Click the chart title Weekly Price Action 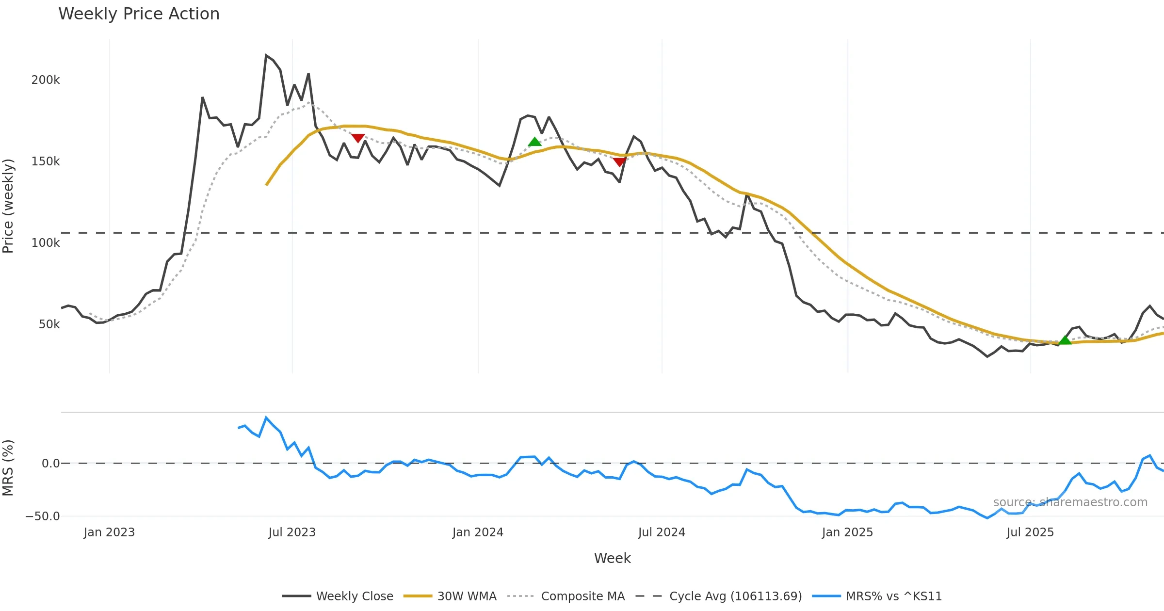[x=139, y=14]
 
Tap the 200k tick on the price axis [x=46, y=80]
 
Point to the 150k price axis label [x=46, y=161]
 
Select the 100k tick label [x=46, y=243]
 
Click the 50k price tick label [x=49, y=324]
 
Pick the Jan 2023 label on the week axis [x=109, y=532]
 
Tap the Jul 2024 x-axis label [x=662, y=532]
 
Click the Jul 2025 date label [x=1030, y=532]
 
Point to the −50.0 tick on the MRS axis [x=43, y=516]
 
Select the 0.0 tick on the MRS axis [x=50, y=464]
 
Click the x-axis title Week [x=612, y=559]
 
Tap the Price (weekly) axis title [x=8, y=206]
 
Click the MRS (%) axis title [x=8, y=468]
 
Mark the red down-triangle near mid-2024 [x=619, y=162]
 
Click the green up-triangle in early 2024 [x=534, y=142]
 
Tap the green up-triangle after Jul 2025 [x=1065, y=340]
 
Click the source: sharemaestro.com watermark [x=1070, y=502]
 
